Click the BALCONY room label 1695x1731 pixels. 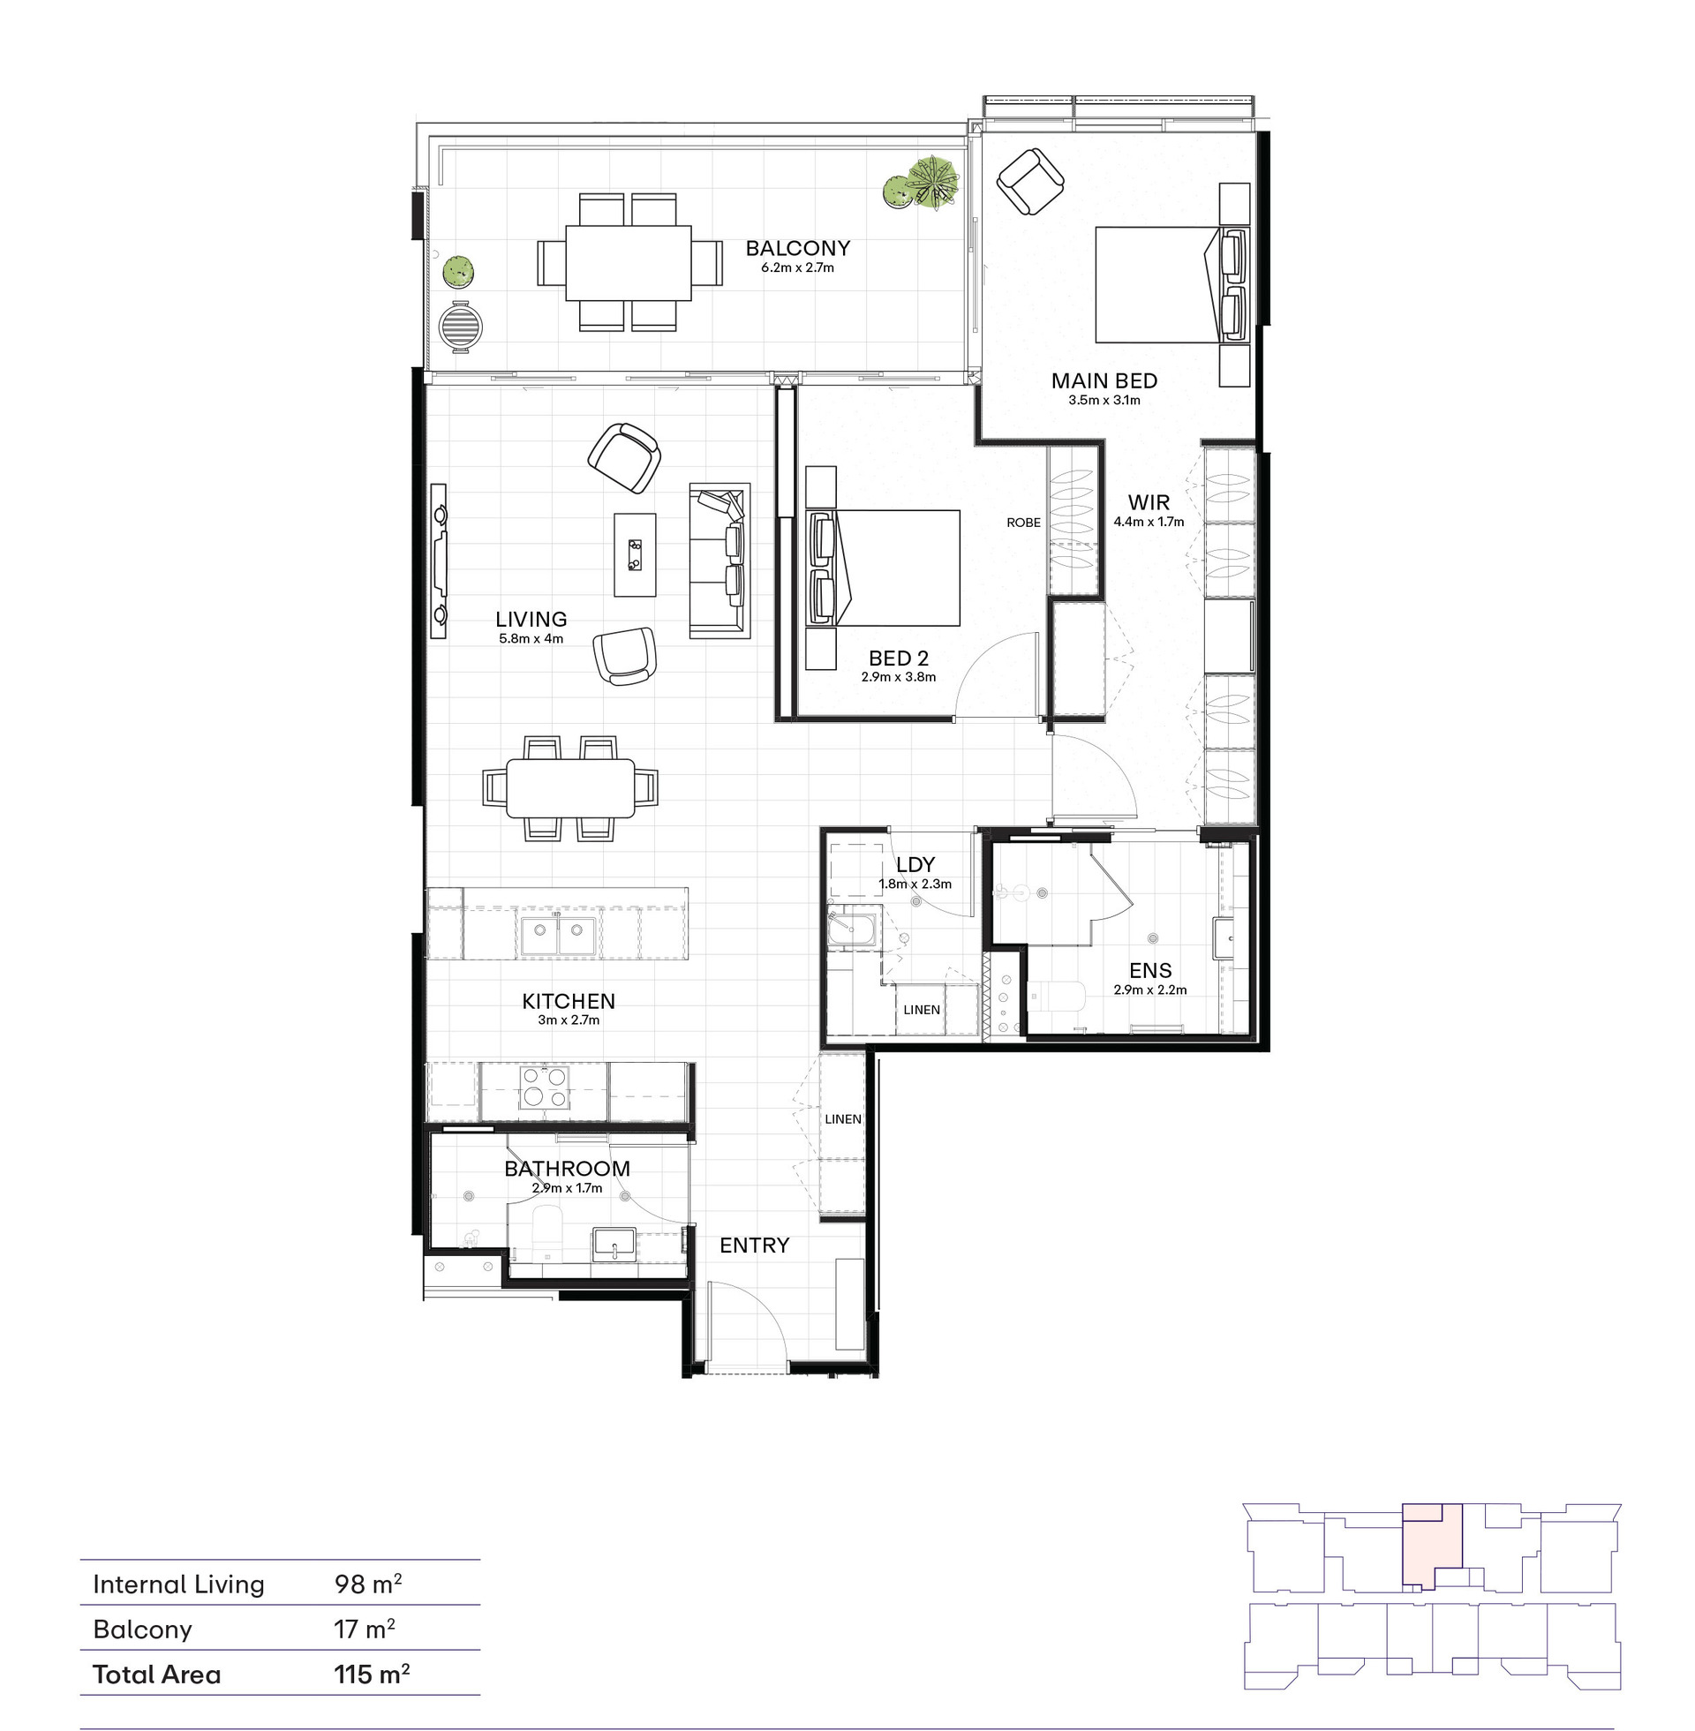pos(798,248)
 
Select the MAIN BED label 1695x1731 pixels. pos(1104,381)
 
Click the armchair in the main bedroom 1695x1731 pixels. pos(1030,181)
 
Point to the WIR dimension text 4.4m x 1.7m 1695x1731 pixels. pos(1149,523)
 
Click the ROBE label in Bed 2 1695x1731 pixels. pos(1023,523)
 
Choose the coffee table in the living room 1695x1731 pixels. pos(634,554)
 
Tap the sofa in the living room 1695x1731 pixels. pos(719,561)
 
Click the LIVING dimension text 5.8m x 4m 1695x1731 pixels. pos(531,638)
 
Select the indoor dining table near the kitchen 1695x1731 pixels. pos(570,787)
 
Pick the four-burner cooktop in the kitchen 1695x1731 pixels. pos(545,1088)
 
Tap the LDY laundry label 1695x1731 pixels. pos(915,864)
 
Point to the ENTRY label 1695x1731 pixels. pos(754,1246)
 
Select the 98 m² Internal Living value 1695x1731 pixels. pos(367,1584)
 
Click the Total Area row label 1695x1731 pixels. pos(156,1674)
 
